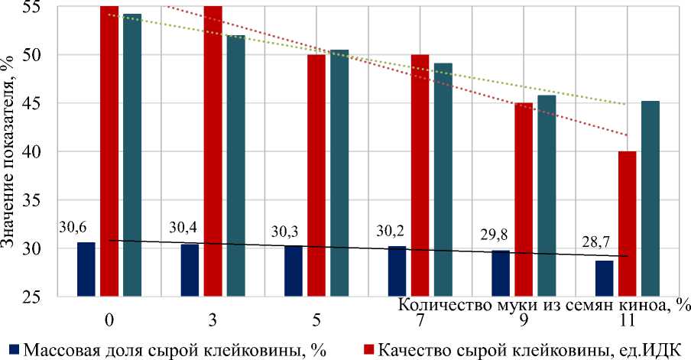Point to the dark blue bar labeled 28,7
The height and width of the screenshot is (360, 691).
[604, 277]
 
